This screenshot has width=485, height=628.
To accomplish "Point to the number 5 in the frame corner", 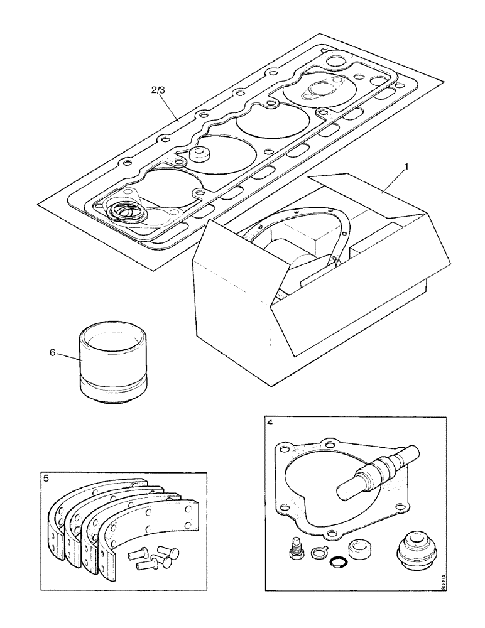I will click(46, 478).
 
